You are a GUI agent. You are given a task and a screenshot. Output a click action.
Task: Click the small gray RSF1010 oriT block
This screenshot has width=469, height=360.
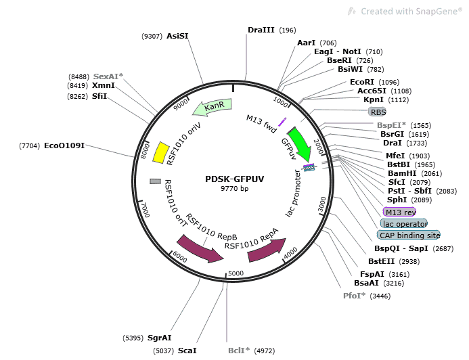click(x=155, y=181)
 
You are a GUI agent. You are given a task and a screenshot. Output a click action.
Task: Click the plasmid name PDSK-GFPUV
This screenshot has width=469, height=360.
click(x=235, y=179)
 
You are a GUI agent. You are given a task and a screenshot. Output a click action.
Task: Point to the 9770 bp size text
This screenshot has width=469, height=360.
click(x=235, y=189)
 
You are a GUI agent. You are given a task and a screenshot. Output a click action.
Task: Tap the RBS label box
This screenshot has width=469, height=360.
click(x=377, y=112)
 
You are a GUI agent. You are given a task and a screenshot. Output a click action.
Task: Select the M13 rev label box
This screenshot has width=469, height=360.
click(x=400, y=212)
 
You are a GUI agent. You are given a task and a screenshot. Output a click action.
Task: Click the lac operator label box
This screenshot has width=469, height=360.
click(x=404, y=223)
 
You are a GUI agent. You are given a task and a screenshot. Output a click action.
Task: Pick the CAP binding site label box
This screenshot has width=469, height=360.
click(x=408, y=235)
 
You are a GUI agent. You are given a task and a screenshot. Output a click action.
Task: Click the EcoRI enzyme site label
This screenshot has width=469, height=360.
click(x=362, y=82)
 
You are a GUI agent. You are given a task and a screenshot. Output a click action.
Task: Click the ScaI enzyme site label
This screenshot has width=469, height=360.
click(x=187, y=351)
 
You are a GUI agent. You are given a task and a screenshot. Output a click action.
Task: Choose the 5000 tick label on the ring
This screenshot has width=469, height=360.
click(x=235, y=273)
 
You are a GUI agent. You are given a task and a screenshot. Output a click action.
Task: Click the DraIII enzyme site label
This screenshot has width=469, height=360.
click(x=261, y=30)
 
